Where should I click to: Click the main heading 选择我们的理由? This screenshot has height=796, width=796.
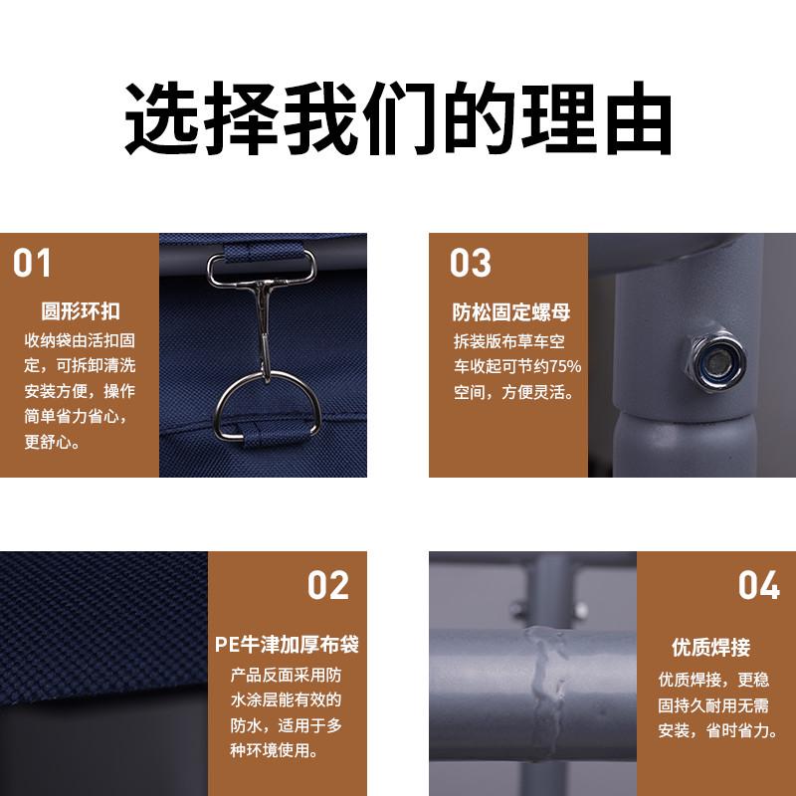[398, 121]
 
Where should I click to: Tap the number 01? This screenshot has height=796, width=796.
[32, 264]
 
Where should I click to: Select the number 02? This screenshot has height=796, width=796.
[327, 585]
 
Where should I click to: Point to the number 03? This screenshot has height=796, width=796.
[470, 264]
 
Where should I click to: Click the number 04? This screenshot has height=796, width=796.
[758, 585]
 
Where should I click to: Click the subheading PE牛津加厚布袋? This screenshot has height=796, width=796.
[287, 645]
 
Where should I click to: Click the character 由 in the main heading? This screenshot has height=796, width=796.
[637, 121]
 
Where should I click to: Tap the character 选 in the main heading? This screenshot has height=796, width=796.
[159, 121]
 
